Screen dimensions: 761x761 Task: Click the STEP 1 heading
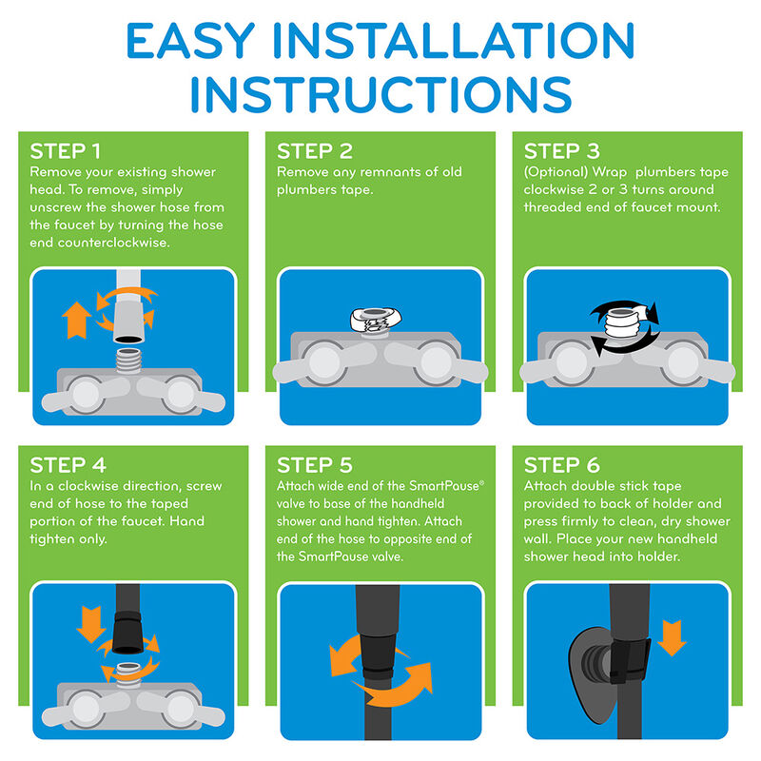click(65, 151)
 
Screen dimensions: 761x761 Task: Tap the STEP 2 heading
click(315, 151)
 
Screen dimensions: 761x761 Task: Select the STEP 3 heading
click(561, 151)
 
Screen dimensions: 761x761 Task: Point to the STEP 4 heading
click(68, 465)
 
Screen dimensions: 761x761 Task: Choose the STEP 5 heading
click(315, 465)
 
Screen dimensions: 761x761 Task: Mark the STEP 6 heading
click(561, 465)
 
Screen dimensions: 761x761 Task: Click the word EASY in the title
click(190, 41)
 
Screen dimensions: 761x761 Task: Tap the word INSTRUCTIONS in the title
click(381, 94)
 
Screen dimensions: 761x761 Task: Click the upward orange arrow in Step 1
click(76, 320)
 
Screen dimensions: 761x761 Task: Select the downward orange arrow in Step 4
click(90, 624)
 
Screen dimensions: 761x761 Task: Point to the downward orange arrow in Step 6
click(672, 637)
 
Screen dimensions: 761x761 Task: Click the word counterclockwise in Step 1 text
click(113, 243)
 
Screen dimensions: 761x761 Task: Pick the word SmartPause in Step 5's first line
click(444, 486)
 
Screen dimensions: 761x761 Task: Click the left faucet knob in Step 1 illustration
click(86, 395)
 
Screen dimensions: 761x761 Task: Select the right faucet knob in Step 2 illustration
click(437, 362)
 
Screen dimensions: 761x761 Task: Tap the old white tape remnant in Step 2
click(376, 321)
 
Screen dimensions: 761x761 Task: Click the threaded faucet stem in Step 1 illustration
click(128, 361)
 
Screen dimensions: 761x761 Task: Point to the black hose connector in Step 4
click(127, 633)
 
